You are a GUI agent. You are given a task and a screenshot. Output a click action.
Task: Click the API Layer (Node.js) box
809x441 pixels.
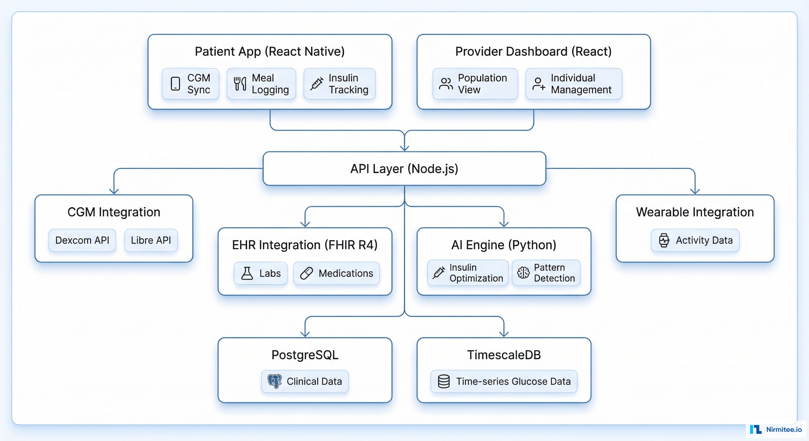coord(404,169)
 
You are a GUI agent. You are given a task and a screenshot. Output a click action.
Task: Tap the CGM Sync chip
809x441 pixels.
coord(190,84)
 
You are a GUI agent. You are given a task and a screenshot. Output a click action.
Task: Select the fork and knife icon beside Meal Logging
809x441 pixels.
coord(240,84)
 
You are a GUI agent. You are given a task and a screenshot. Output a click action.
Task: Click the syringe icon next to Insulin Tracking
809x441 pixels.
coord(317,84)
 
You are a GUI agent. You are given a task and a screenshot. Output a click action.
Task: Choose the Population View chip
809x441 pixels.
coord(475,84)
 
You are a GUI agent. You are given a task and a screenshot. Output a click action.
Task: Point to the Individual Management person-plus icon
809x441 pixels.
coord(538,84)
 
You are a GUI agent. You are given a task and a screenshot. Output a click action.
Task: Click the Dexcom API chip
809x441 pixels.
coord(82,240)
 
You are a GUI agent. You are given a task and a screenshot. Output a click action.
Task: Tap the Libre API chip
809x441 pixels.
coord(151,240)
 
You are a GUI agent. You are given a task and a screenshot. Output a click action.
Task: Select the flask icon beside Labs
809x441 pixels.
coord(247,273)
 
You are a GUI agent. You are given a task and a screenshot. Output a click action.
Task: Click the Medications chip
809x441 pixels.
coord(336,273)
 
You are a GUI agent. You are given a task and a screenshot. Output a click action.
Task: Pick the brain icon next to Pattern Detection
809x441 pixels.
coord(523,273)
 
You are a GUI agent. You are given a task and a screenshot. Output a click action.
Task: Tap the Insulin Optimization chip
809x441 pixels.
coord(468,273)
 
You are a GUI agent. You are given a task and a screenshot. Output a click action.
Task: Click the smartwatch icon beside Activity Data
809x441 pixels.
coord(664,240)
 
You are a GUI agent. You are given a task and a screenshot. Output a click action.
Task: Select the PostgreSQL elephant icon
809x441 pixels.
coord(274,381)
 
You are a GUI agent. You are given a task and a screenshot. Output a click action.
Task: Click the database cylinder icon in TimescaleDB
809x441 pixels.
coord(444,381)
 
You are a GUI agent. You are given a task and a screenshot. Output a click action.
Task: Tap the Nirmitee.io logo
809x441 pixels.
coord(776,429)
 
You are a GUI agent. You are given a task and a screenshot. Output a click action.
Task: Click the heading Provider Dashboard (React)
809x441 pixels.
coord(533,51)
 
